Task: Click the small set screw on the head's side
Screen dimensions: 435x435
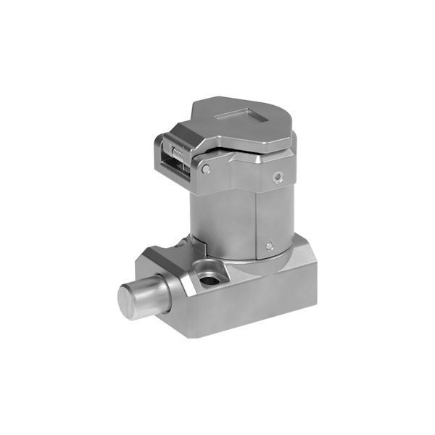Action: point(278,175)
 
